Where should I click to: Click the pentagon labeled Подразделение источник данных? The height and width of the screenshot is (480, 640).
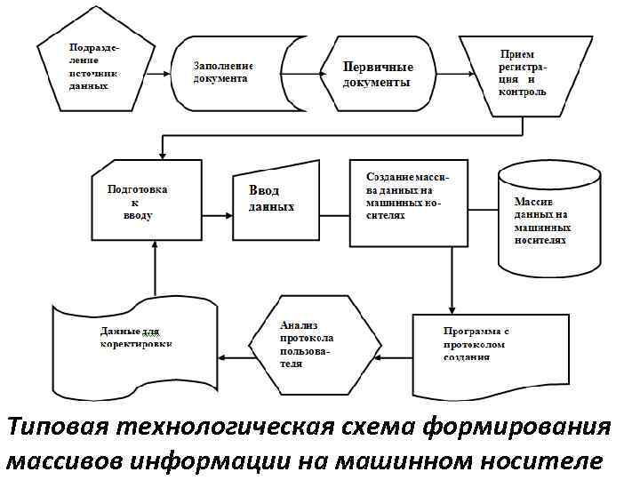[89, 72]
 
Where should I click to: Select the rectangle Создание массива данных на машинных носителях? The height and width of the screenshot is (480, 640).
[407, 203]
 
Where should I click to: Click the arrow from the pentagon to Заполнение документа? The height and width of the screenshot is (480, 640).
[157, 75]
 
